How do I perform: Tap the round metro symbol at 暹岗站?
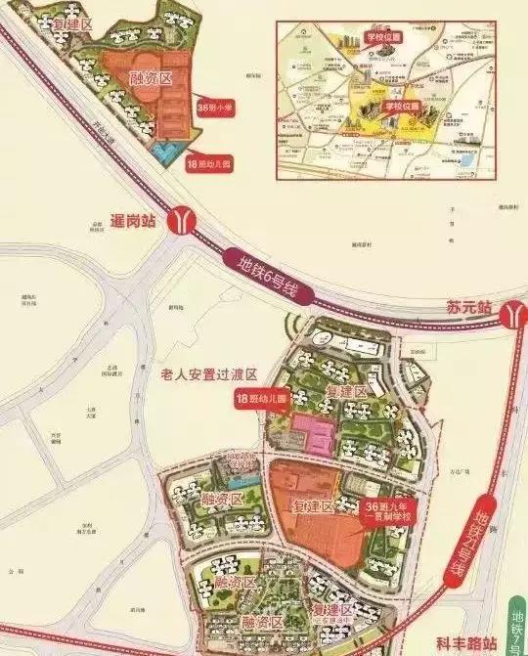pos(182,220)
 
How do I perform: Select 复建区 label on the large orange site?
pos(315,508)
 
